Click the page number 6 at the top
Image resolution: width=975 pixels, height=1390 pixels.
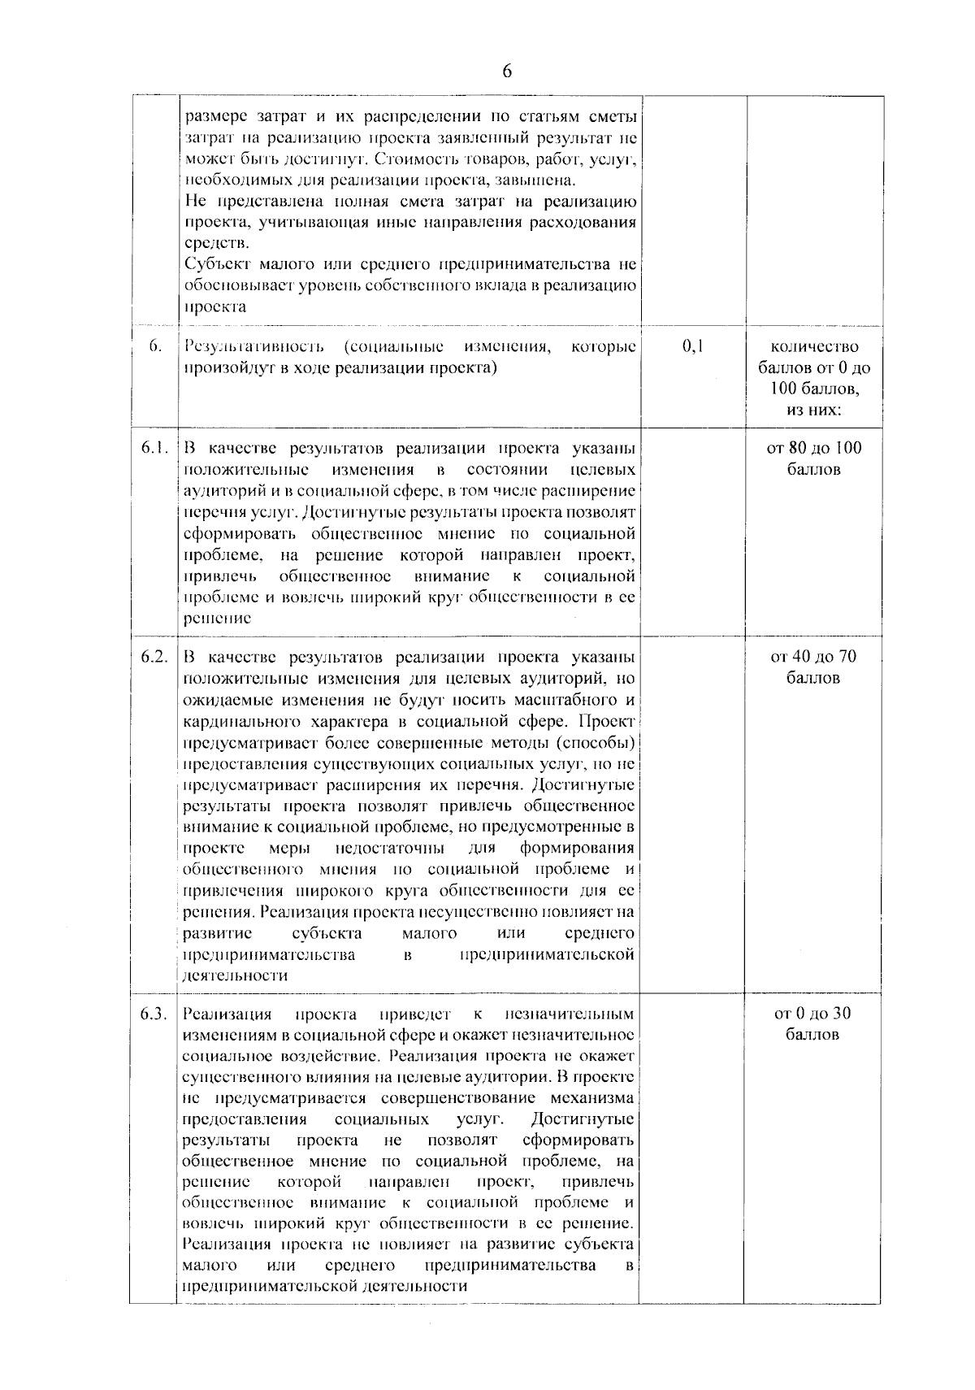pyautogui.click(x=507, y=72)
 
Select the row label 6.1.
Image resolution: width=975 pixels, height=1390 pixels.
pyautogui.click(x=154, y=448)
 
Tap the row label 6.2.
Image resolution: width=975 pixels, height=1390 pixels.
pyautogui.click(x=154, y=657)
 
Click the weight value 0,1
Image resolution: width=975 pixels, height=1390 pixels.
pyautogui.click(x=693, y=347)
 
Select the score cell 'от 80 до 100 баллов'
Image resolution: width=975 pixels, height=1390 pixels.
pyautogui.click(x=814, y=458)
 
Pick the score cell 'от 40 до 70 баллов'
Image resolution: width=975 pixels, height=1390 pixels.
pyautogui.click(x=814, y=667)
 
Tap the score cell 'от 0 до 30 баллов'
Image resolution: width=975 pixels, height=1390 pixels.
pyautogui.click(x=814, y=1024)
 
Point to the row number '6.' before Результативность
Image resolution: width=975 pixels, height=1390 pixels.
pyautogui.click(x=155, y=347)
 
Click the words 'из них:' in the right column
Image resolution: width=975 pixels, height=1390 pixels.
pyautogui.click(x=814, y=410)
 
